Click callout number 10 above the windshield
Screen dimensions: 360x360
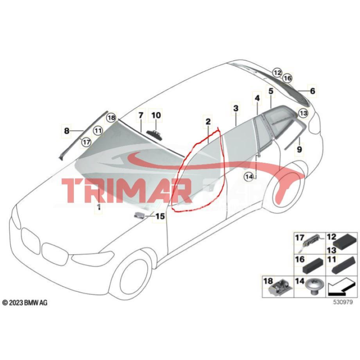tap(156, 116)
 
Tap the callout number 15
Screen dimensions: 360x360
tap(160, 216)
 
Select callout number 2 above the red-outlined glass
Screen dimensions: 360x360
tap(208, 122)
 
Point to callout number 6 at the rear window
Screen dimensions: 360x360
tap(312, 91)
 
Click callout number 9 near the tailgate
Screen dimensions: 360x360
tap(300, 148)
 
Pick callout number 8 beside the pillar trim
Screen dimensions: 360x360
tap(67, 131)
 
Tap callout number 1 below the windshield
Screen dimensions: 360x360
tap(98, 207)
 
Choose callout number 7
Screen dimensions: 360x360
tap(141, 116)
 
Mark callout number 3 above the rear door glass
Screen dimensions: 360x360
tap(235, 108)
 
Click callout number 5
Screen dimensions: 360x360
tap(271, 91)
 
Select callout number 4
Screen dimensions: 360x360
tap(257, 98)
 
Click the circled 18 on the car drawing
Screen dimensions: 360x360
tap(111, 117)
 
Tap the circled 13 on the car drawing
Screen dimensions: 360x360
tap(303, 113)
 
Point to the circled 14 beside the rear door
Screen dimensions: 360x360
tap(249, 176)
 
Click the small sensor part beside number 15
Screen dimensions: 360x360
tap(140, 215)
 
